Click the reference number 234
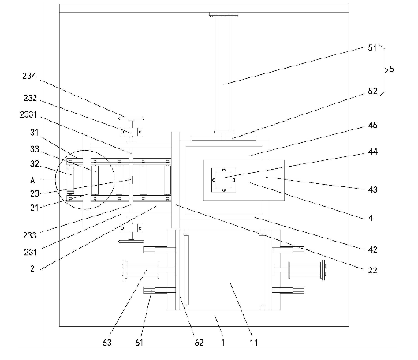[29, 76]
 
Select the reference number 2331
[28, 114]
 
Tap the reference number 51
[372, 47]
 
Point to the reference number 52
[373, 91]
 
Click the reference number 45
[373, 126]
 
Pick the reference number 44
[373, 152]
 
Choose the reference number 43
[373, 189]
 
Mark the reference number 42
[373, 249]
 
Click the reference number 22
[373, 270]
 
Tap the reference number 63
[107, 343]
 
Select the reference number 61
[139, 343]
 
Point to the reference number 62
[199, 343]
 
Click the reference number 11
[254, 343]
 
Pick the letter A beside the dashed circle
[32, 181]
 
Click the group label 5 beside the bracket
[391, 69]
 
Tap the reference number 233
[30, 235]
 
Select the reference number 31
[35, 133]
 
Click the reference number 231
[31, 252]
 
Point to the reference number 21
[35, 208]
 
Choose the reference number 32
[35, 163]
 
